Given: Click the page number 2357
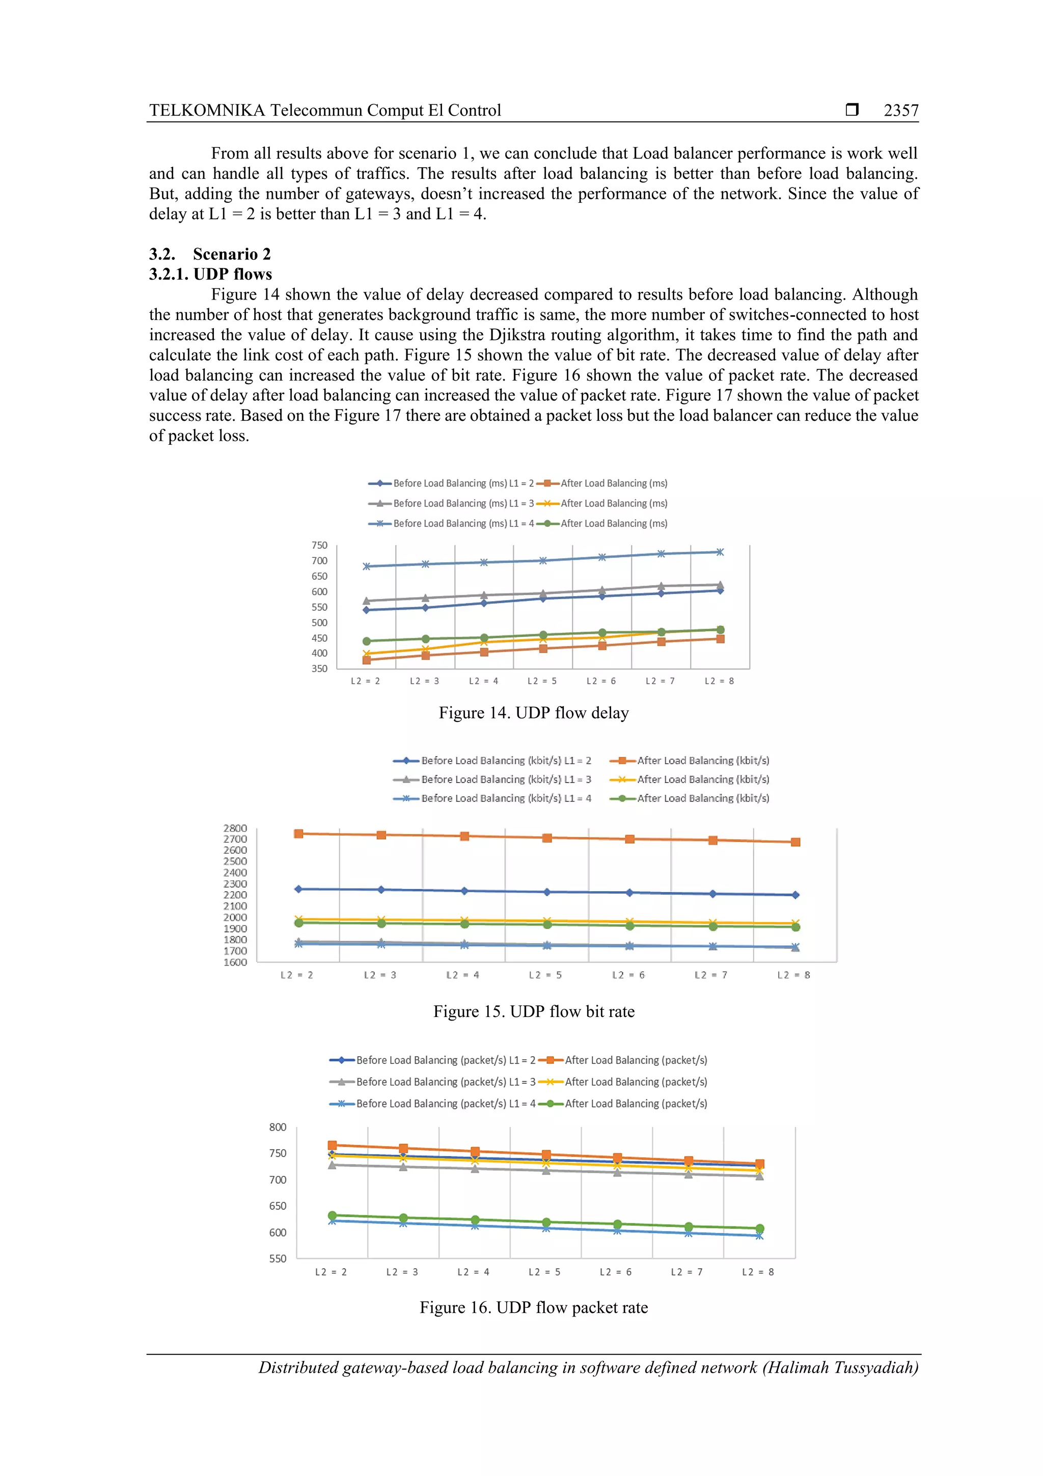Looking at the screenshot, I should tap(900, 111).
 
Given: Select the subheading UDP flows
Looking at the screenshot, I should tap(232, 275).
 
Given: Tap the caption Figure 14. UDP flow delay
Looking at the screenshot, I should tap(533, 713).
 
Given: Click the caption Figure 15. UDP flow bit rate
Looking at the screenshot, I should tap(533, 1012).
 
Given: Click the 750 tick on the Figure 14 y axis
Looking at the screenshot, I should tap(319, 545).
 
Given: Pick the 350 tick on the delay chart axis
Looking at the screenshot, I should tap(319, 668).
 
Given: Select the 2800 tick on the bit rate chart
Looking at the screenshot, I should tap(235, 828).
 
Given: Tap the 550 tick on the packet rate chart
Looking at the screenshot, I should tap(278, 1259).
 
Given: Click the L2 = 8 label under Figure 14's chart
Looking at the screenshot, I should tap(719, 681).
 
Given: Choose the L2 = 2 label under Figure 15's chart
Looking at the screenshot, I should tap(297, 975).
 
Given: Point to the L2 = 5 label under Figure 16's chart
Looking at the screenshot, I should tap(544, 1272).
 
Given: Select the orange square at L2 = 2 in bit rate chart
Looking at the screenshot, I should tap(299, 834).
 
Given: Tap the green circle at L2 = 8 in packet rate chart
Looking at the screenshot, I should tap(760, 1228).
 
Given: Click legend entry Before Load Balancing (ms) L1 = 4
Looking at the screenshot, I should tap(463, 524).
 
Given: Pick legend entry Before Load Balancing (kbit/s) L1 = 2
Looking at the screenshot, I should tap(506, 761).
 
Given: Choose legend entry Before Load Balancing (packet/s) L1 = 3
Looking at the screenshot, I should tap(445, 1082).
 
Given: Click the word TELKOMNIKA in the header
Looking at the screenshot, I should tap(207, 111).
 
